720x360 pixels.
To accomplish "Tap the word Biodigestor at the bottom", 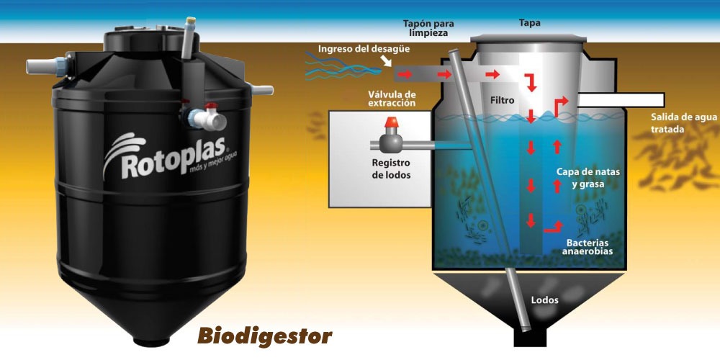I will pos(264,336).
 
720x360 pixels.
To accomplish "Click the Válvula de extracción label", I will pos(391,99).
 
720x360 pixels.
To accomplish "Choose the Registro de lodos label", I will pos(390,168).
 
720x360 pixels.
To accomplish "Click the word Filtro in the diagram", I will pos(503,101).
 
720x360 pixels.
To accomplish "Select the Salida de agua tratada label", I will pos(673,123).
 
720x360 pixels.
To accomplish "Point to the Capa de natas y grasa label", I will pos(589,179).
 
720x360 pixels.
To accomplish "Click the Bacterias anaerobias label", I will pos(589,247).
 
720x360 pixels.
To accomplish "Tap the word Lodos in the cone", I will pos(544,300).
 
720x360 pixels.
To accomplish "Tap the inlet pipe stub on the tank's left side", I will pos(37,68).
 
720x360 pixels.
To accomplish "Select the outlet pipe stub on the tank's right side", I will pos(264,91).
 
